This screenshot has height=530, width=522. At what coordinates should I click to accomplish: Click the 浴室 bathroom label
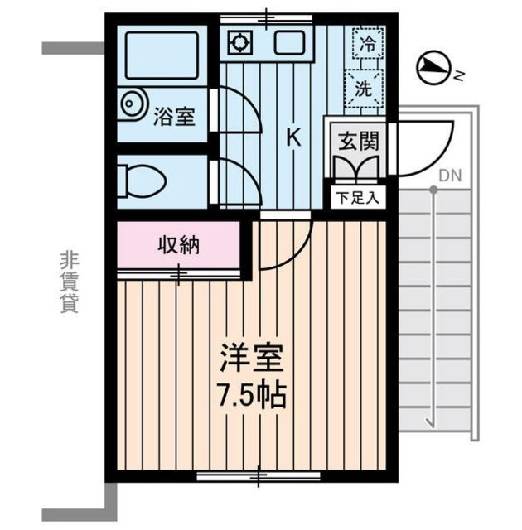175,116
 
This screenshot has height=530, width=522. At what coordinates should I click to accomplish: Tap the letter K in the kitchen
293,137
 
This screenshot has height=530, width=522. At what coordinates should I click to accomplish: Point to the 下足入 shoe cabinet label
359,198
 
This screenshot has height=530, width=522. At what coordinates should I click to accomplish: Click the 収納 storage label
179,245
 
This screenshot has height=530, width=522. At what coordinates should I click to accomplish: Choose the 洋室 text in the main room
253,359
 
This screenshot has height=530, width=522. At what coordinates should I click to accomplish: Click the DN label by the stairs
450,175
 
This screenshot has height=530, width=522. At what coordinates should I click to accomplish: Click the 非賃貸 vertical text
68,282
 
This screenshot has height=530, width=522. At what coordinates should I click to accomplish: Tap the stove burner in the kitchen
240,41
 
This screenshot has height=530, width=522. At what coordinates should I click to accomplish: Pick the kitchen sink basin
289,42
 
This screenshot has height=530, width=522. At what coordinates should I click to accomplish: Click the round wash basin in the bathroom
133,105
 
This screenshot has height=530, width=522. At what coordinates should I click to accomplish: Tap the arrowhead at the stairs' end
433,423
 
